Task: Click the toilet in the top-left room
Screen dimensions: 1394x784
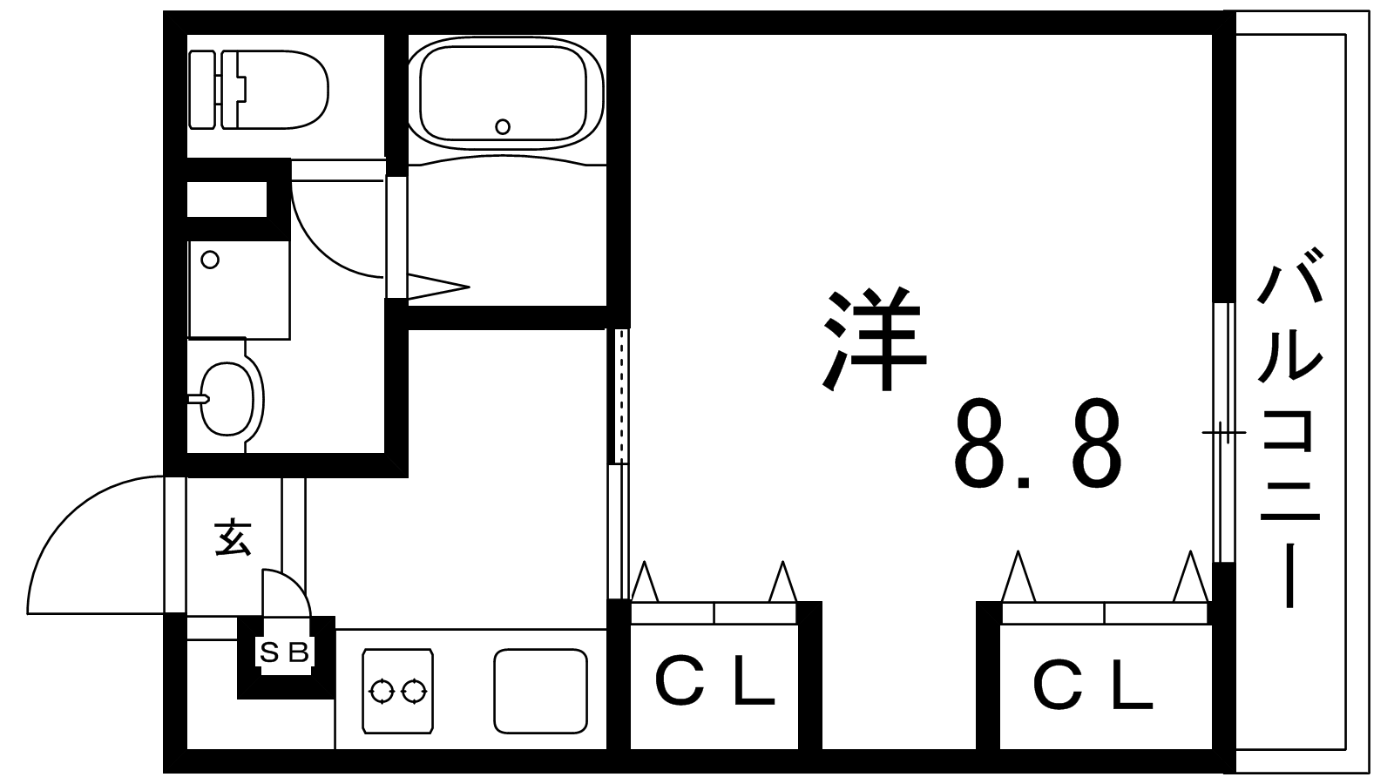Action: click(259, 91)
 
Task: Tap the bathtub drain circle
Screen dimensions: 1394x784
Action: click(503, 127)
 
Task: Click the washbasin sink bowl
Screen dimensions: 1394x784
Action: click(227, 398)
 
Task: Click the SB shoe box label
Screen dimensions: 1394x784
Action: click(284, 652)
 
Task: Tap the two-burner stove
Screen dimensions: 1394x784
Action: click(397, 691)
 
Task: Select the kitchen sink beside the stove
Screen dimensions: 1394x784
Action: click(541, 691)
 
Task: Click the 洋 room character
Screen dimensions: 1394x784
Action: click(875, 339)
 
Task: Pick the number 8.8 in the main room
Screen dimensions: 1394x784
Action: click(1038, 443)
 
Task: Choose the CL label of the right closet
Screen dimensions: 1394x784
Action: click(1093, 686)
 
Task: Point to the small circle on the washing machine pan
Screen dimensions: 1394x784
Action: click(210, 260)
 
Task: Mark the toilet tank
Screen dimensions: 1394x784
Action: click(203, 91)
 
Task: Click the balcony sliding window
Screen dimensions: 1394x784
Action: click(1224, 432)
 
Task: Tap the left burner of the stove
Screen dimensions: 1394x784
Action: click(382, 692)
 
